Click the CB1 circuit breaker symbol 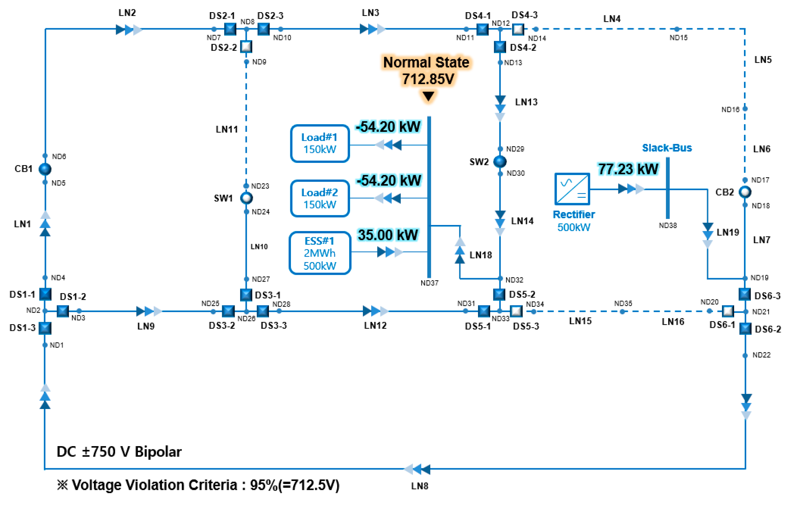pos(45,169)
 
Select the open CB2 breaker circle pos(745,192)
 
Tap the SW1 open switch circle pos(247,198)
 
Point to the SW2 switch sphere pos(500,161)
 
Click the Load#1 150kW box pos(320,143)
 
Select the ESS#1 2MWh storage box pos(320,253)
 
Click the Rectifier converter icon pos(572,189)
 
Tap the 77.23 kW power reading pos(628,169)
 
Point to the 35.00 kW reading pos(388,235)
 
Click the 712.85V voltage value pos(428,79)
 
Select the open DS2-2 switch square pos(246,47)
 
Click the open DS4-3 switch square pos(518,29)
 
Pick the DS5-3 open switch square pos(516,311)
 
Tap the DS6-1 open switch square pos(728,311)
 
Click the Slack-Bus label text pos(667,148)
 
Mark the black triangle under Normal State pos(428,96)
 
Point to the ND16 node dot pos(745,108)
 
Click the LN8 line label pos(419,486)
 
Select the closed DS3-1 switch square pos(246,294)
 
